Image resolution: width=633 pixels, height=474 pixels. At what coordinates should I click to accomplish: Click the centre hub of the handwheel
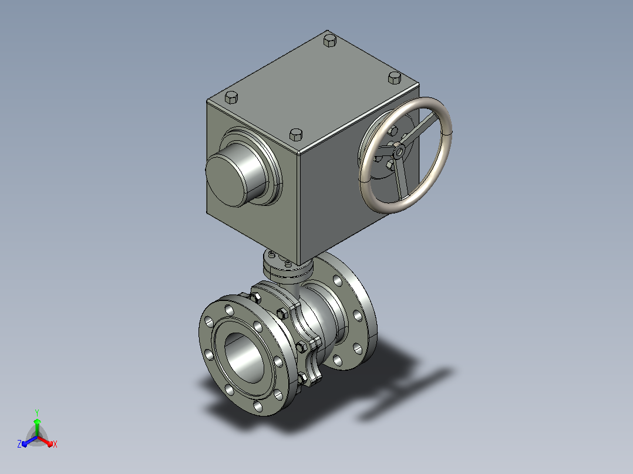click(x=399, y=151)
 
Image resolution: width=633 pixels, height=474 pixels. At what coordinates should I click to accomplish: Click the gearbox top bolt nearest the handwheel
click(x=395, y=77)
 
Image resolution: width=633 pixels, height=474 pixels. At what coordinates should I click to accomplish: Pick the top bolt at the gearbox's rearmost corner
click(x=330, y=40)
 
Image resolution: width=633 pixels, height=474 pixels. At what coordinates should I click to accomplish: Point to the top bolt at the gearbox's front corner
click(x=296, y=134)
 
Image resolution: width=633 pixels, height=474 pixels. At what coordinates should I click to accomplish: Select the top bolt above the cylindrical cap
click(x=231, y=97)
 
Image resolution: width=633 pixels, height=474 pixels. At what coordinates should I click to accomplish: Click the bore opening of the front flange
click(x=244, y=357)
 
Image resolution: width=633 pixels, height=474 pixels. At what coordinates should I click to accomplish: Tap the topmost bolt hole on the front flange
click(x=229, y=310)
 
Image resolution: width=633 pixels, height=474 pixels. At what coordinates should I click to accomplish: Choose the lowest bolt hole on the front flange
click(x=258, y=405)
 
